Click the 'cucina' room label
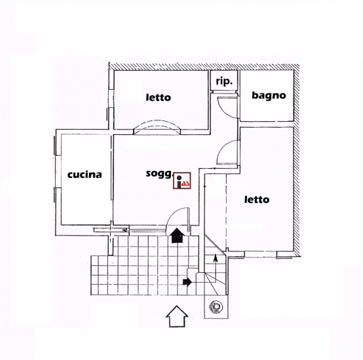(x=85, y=175)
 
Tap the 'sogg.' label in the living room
(x=159, y=173)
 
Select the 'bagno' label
(x=269, y=96)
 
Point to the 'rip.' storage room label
(x=224, y=81)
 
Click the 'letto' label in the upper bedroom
(x=159, y=98)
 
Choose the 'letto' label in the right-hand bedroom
(x=257, y=199)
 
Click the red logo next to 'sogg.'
(x=182, y=181)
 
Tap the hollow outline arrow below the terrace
(x=177, y=316)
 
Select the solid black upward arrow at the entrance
(x=177, y=236)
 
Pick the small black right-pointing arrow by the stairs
(x=187, y=281)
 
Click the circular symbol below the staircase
(x=216, y=306)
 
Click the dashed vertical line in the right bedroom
(x=226, y=212)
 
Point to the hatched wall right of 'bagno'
(x=297, y=160)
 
